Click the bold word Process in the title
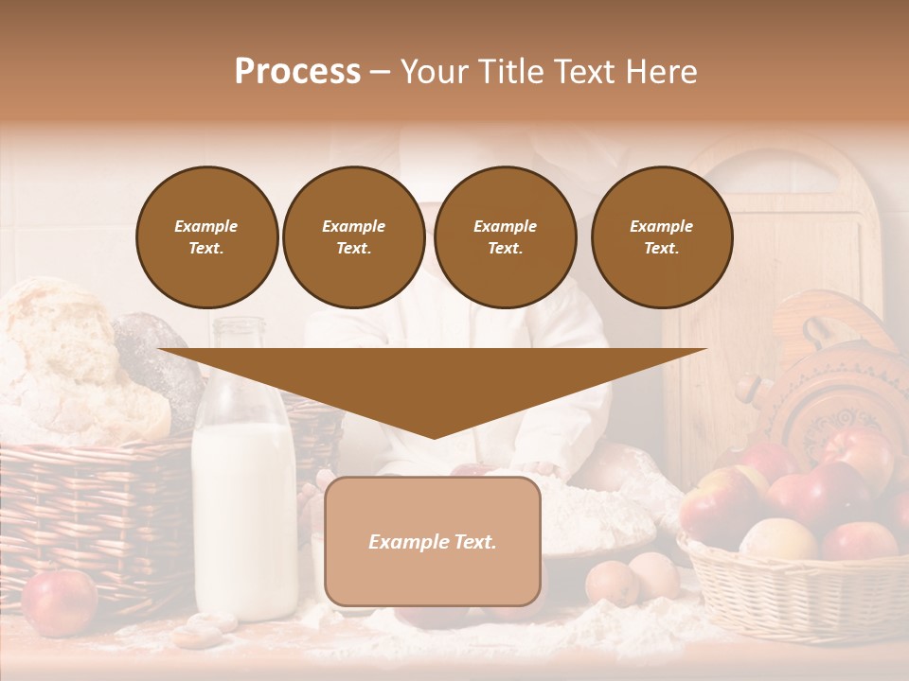pyautogui.click(x=297, y=72)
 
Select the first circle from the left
pyautogui.click(x=207, y=237)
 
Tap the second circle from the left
pyautogui.click(x=354, y=237)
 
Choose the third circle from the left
pyautogui.click(x=505, y=237)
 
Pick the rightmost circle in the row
pyautogui.click(x=662, y=237)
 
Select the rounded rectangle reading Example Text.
pyautogui.click(x=433, y=541)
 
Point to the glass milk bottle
pyautogui.click(x=244, y=501)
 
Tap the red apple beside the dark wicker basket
pyautogui.click(x=59, y=602)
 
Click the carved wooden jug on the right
pyautogui.click(x=824, y=378)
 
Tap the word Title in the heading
pyautogui.click(x=513, y=72)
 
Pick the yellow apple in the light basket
pyautogui.click(x=778, y=539)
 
